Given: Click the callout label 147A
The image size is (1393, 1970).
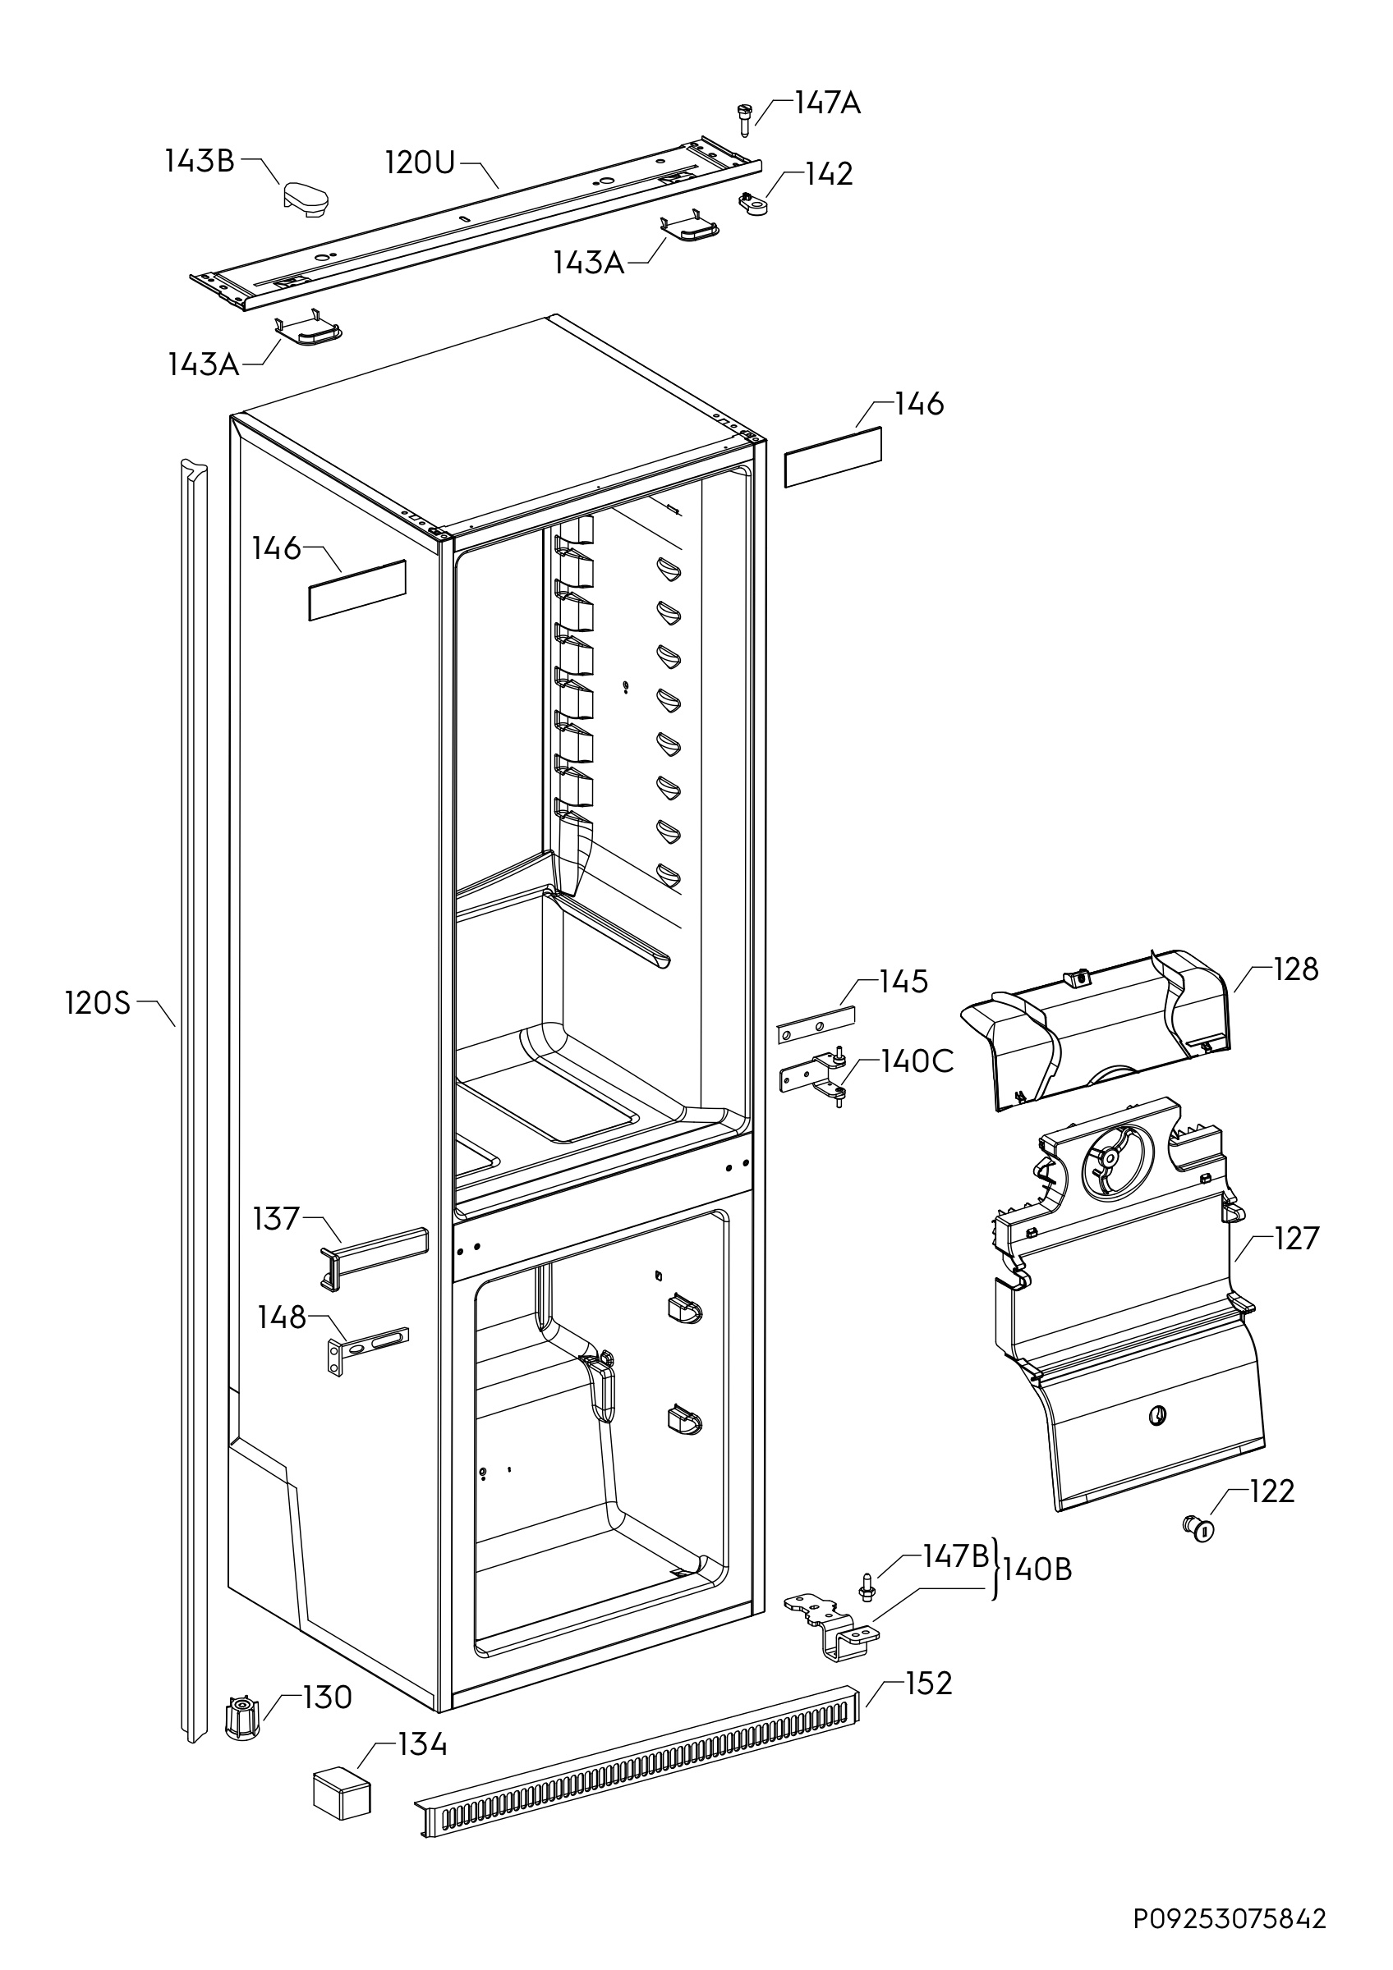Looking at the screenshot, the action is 826,103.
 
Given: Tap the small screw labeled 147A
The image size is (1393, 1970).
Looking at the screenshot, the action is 743,118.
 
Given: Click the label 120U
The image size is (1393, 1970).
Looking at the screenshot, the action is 419,162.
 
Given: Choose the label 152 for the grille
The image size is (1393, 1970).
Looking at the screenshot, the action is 929,1684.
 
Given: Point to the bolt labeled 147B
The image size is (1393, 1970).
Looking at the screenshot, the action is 867,1585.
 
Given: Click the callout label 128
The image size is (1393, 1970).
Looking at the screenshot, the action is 1294,969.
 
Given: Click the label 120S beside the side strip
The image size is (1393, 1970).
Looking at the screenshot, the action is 98,1002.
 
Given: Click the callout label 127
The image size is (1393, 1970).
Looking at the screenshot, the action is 1296,1239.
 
